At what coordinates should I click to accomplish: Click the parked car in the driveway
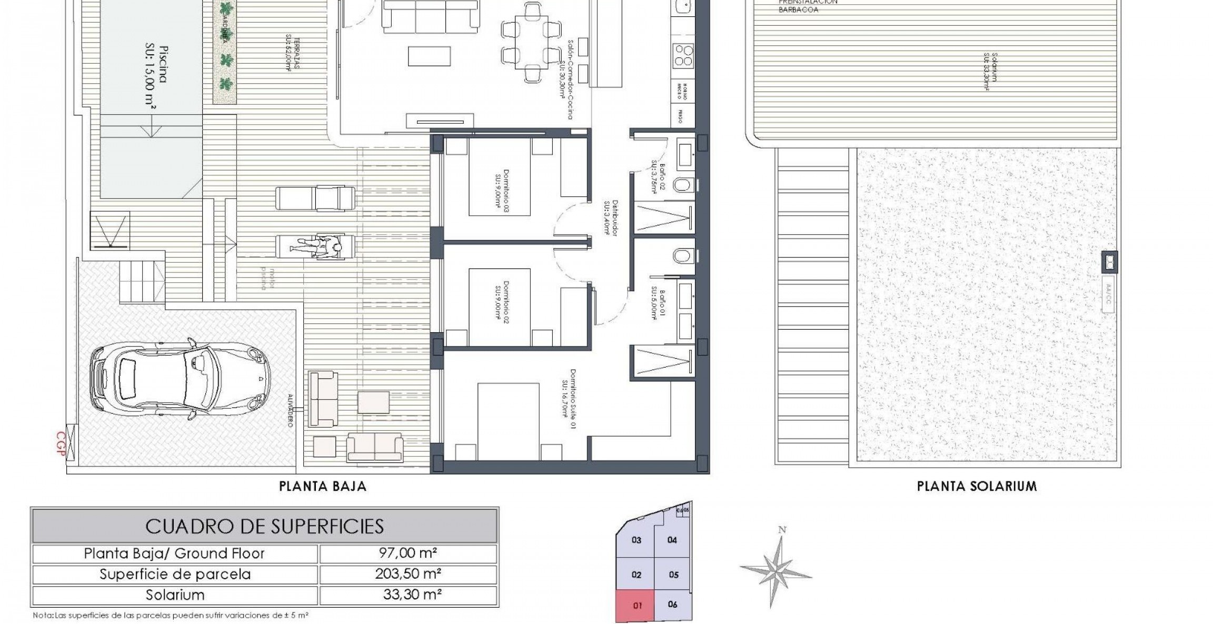(x=181, y=377)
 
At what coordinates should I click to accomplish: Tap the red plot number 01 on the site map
(x=637, y=606)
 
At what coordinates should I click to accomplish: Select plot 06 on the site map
(x=672, y=605)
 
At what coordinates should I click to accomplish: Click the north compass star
(x=776, y=569)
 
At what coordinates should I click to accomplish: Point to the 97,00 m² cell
(x=407, y=553)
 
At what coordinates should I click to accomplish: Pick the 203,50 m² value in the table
(x=407, y=573)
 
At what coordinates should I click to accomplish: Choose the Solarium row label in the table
(x=175, y=595)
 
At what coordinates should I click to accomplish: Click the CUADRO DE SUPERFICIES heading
(x=264, y=526)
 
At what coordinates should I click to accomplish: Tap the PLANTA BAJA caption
(x=322, y=486)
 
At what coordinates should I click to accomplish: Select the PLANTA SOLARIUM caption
(x=977, y=486)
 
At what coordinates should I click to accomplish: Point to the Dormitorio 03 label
(x=501, y=190)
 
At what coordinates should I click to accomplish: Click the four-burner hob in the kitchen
(x=683, y=55)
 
